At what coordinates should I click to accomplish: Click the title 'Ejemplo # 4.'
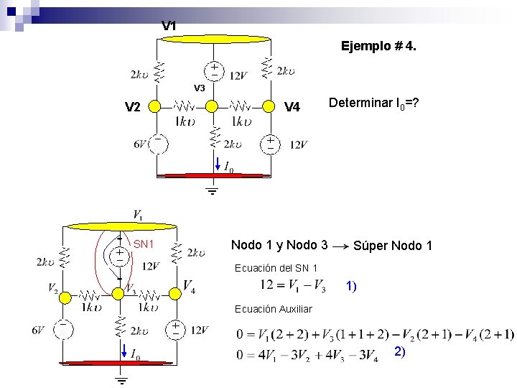378,47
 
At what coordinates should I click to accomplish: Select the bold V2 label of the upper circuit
133,108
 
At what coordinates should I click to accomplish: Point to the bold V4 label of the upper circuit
292,108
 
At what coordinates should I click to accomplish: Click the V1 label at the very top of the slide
169,26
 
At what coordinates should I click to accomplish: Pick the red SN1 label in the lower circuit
144,244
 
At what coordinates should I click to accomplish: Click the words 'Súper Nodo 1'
393,246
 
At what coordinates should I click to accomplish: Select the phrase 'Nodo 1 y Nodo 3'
279,245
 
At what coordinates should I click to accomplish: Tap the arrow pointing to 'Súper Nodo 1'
342,246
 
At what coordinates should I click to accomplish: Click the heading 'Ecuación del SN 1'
276,268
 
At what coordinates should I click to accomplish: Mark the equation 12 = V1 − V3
294,285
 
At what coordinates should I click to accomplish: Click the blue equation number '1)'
351,286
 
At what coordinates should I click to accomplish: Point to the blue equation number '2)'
400,351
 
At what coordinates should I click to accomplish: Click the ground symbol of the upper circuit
213,192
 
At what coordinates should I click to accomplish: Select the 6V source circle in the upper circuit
157,144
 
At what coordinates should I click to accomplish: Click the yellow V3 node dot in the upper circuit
212,106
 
